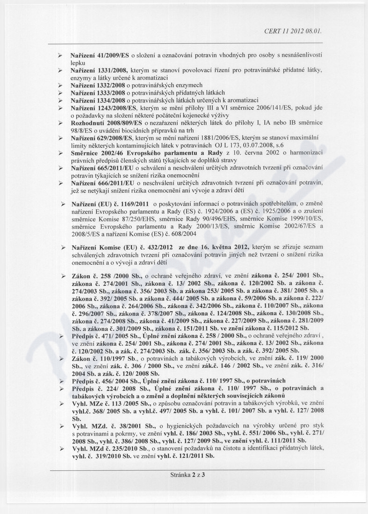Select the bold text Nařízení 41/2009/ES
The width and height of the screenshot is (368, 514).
[99, 55]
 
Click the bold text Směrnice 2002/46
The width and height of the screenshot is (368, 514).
[96, 153]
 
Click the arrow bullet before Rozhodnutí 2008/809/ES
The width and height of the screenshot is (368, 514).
[60, 123]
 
